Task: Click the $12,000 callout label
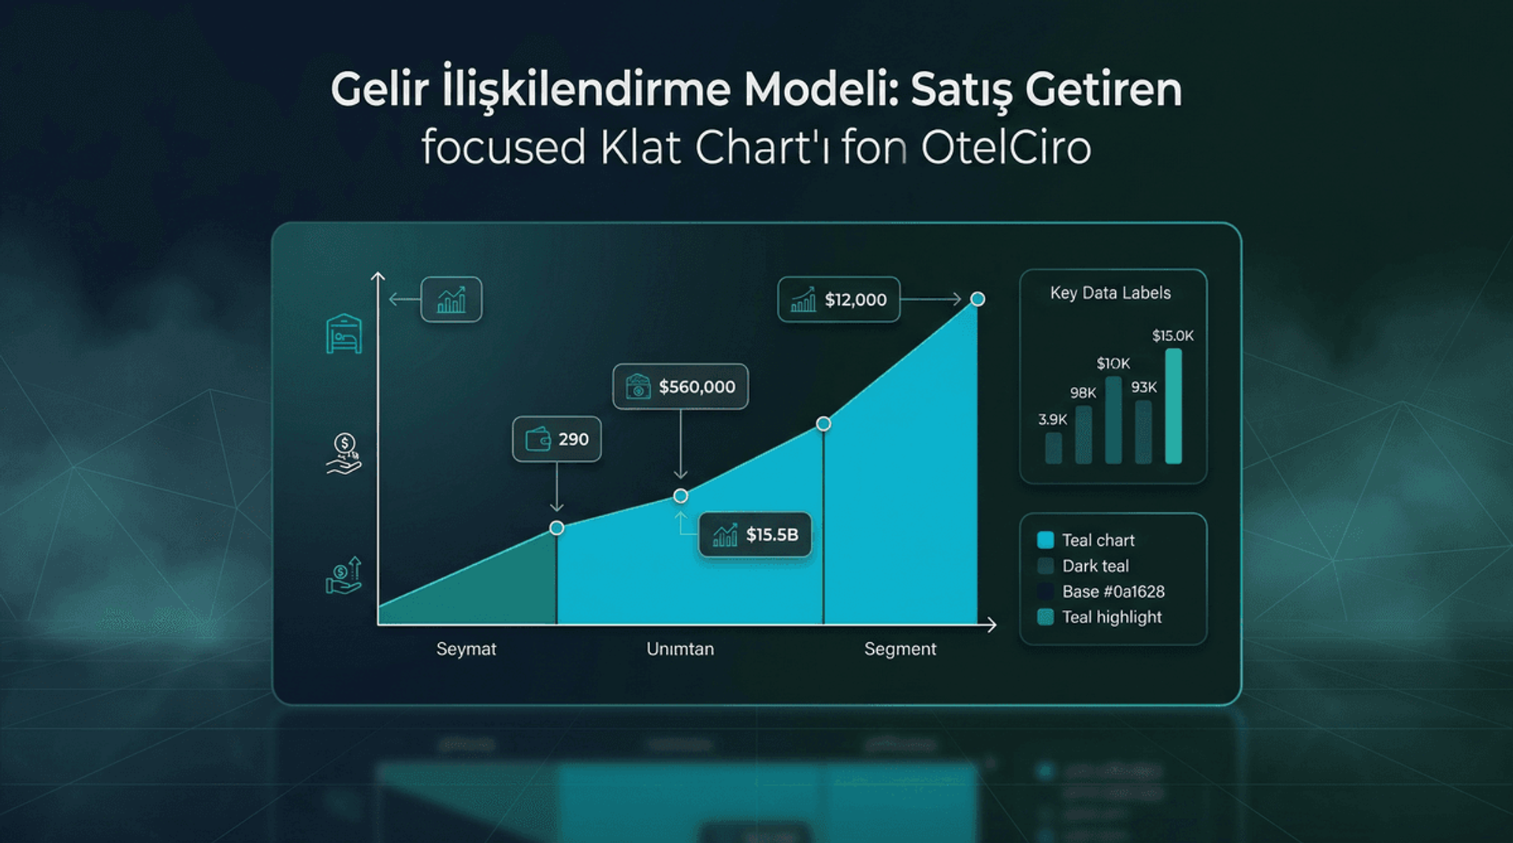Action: (838, 299)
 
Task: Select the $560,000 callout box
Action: (680, 387)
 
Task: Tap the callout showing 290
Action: (556, 439)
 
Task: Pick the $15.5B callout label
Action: (755, 535)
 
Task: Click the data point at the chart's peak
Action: (977, 299)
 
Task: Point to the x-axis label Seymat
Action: (466, 649)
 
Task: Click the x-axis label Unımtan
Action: (680, 649)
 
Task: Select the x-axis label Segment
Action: (900, 649)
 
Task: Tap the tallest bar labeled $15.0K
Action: (1173, 406)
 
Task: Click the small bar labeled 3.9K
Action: (1053, 447)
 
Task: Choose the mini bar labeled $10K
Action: (1113, 419)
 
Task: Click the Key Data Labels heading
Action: (1110, 293)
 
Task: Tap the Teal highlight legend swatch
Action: (1046, 617)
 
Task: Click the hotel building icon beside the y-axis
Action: (344, 334)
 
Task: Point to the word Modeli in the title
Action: (820, 90)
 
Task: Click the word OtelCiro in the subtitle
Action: (1006, 147)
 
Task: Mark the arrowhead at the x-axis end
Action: (991, 625)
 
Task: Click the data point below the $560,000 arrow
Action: (681, 496)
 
